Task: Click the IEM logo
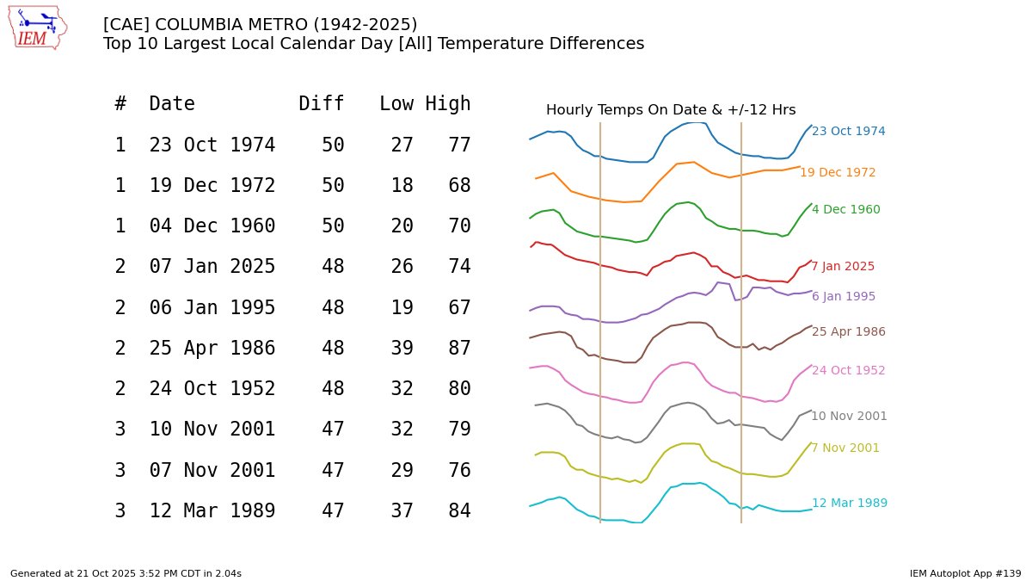[38, 28]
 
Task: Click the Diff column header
[322, 104]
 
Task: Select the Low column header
[396, 104]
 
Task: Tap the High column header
[448, 104]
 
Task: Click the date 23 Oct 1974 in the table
[212, 145]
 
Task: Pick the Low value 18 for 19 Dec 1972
[402, 186]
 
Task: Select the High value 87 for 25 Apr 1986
[459, 349]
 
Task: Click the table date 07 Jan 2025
[212, 267]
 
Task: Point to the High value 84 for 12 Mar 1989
[459, 511]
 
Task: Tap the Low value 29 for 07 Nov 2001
[402, 471]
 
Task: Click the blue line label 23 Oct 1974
[848, 132]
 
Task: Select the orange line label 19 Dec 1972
[838, 173]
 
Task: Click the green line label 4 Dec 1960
[845, 210]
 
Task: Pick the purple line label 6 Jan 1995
[843, 297]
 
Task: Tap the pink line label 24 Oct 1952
[848, 371]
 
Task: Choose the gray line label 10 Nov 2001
[849, 417]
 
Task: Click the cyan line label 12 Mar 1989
[849, 504]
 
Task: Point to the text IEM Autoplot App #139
[965, 573]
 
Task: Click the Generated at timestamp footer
[126, 573]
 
